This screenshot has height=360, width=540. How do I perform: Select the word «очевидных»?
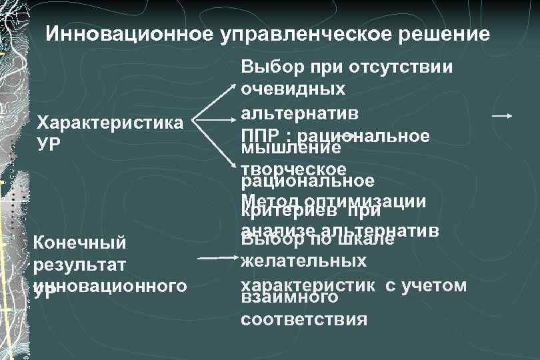point(293,89)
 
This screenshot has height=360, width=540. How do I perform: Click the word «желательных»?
point(303,261)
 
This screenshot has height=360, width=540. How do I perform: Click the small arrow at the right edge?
point(501,116)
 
